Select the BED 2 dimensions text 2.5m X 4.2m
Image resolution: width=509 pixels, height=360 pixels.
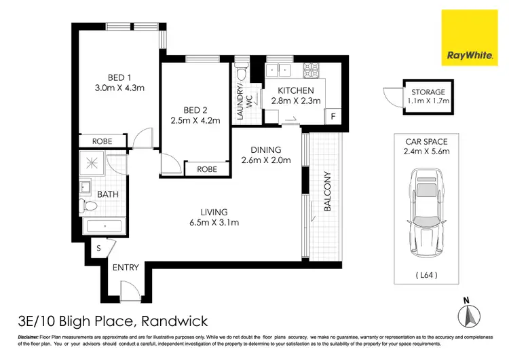(197, 122)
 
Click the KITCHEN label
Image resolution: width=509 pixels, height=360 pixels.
(295, 91)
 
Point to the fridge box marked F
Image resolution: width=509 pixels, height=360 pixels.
(333, 116)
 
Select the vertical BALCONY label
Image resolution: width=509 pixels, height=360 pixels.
(327, 192)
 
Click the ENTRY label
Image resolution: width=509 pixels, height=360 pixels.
(126, 267)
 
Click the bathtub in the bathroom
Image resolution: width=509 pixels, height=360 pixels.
(103, 227)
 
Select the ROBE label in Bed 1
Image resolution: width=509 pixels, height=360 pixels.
(103, 141)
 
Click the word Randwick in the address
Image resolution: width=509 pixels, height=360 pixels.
(174, 321)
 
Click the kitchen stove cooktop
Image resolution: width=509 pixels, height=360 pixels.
(312, 69)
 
